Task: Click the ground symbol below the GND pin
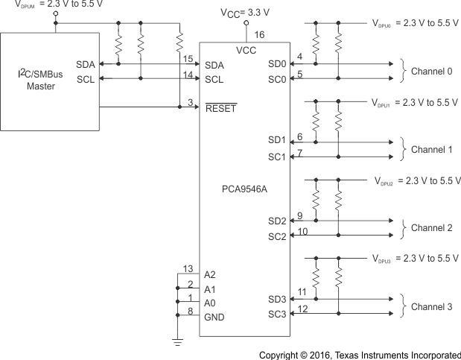pyautogui.click(x=178, y=342)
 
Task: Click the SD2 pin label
pyautogui.click(x=277, y=221)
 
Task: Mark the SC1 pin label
pyautogui.click(x=277, y=157)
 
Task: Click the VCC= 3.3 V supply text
pyautogui.click(x=245, y=13)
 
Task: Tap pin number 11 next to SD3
pyautogui.click(x=302, y=291)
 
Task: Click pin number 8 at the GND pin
pyautogui.click(x=190, y=312)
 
